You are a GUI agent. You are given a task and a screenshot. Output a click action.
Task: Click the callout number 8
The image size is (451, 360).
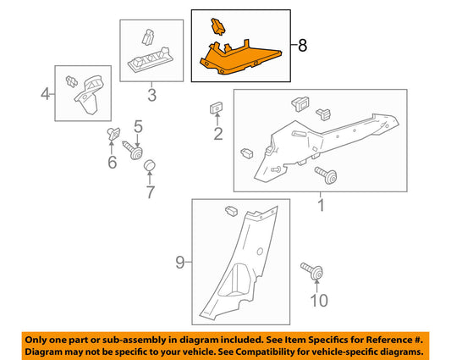(302, 46)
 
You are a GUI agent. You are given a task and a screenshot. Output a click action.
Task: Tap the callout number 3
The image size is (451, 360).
(151, 95)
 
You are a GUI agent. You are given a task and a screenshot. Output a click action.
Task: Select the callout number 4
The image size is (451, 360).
(45, 94)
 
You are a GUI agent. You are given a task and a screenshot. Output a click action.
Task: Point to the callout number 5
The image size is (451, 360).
(139, 127)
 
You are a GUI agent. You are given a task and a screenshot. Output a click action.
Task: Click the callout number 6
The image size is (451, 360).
(113, 163)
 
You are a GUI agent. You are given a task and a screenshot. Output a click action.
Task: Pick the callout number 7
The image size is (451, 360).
(151, 192)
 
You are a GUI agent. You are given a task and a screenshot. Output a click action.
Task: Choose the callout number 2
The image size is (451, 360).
(218, 134)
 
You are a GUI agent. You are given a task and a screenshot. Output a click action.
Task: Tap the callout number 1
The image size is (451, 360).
(321, 206)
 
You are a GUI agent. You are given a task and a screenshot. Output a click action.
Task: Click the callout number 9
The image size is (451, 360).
(179, 263)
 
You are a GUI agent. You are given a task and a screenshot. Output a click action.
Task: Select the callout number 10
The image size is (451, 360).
(319, 301)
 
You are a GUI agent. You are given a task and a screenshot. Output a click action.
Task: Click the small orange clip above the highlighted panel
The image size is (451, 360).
(218, 26)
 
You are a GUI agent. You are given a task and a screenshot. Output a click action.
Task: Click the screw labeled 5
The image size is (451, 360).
(133, 150)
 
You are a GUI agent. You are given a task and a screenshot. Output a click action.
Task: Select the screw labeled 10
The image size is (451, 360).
(311, 271)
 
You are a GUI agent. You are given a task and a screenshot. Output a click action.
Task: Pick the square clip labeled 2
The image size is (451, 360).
(216, 108)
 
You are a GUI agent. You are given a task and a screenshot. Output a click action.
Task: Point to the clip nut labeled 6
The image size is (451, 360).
(113, 134)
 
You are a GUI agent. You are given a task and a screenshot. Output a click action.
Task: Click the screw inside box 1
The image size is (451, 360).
(326, 175)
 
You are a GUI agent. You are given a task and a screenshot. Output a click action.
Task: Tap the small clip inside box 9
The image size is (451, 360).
(231, 211)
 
